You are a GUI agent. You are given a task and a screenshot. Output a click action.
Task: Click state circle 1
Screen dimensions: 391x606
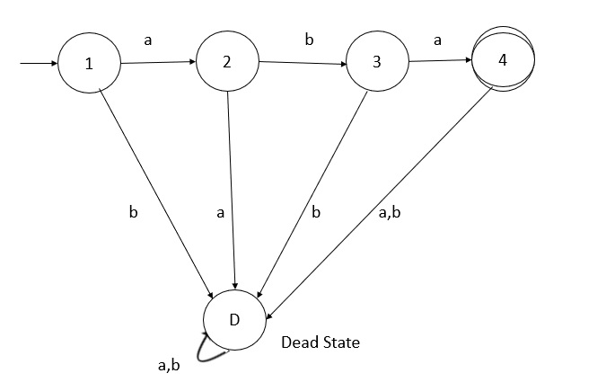90,65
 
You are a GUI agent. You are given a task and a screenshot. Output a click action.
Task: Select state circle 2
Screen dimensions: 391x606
227,62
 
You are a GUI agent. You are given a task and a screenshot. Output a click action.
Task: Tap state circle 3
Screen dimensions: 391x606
378,62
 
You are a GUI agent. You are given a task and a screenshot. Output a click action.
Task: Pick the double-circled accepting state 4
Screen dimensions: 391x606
503,60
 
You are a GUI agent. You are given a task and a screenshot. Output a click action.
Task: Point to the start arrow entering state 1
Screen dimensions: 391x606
38,65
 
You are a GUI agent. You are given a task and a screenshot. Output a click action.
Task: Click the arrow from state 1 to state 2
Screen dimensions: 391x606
157,63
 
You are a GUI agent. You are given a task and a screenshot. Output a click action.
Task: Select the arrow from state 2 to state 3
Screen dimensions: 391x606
303,63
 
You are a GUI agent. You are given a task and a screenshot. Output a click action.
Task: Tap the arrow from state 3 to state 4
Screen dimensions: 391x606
440,61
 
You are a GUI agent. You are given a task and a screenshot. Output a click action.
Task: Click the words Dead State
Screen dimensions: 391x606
320,342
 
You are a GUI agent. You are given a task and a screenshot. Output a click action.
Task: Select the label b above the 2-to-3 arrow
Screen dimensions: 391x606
310,39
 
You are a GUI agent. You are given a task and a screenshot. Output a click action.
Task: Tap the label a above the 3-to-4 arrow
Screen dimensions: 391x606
437,40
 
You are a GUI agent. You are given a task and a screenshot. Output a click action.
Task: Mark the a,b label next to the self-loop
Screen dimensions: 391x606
169,364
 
